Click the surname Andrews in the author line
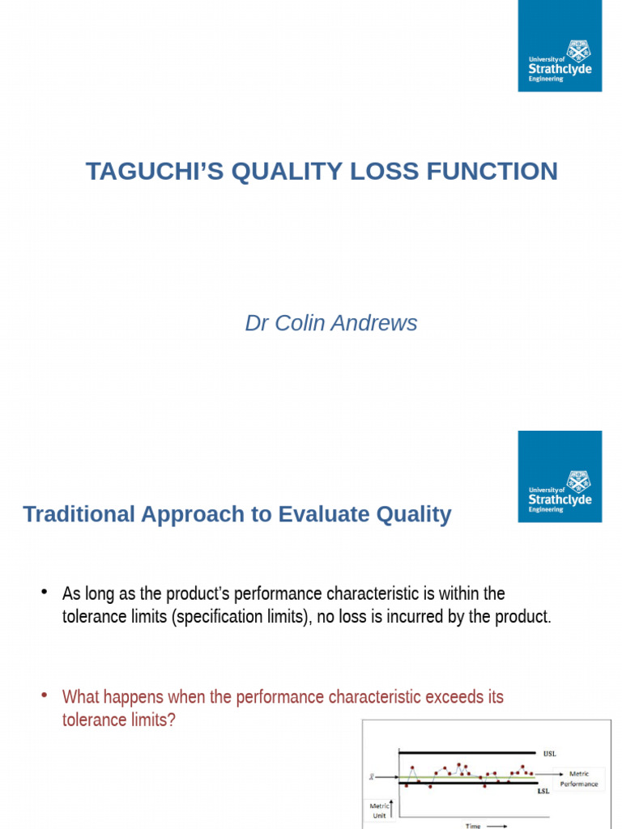click(x=378, y=323)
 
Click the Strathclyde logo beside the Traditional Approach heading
click(x=560, y=476)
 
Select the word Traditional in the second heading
click(x=76, y=514)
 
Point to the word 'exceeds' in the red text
click(x=458, y=697)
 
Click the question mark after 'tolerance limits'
click(x=171, y=719)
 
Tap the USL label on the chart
click(x=549, y=752)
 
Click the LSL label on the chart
click(x=544, y=791)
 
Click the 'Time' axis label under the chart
click(x=473, y=826)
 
